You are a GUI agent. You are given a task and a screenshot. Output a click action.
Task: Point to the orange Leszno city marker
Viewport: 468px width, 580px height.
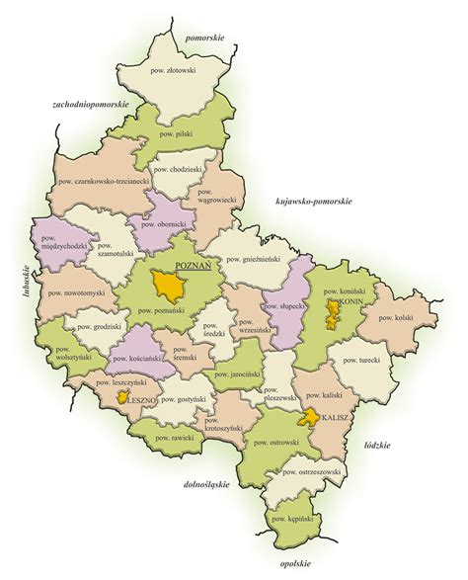(x=122, y=398)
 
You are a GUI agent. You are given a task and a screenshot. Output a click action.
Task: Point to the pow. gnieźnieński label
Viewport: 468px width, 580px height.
(x=253, y=259)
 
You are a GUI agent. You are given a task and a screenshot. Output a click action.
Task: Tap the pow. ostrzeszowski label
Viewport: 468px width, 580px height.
(x=311, y=473)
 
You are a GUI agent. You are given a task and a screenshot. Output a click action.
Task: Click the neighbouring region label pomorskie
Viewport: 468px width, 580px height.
(x=204, y=37)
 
